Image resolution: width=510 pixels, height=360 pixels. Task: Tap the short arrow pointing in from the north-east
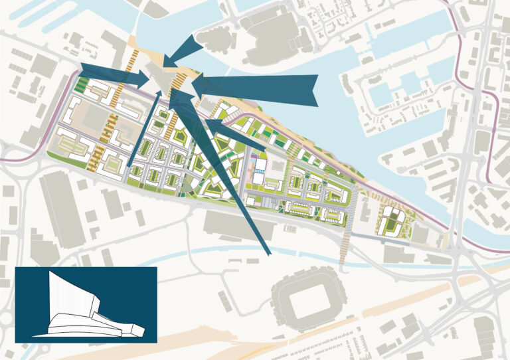click(x=187, y=50)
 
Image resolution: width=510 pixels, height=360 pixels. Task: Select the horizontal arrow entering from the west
click(x=113, y=73)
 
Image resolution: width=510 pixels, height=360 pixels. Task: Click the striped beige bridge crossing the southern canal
click(x=344, y=249)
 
